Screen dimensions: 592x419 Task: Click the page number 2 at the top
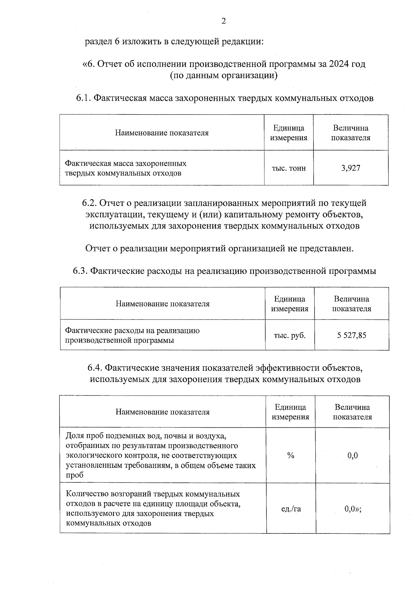(223, 21)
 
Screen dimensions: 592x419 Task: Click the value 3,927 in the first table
(351, 168)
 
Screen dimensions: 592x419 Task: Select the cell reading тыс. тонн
(289, 168)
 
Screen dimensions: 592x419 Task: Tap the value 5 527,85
(352, 335)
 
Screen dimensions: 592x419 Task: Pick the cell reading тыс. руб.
(289, 335)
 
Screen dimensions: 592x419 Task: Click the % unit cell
(291, 455)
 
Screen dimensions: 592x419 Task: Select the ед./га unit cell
(291, 509)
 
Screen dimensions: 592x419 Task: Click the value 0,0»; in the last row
(353, 509)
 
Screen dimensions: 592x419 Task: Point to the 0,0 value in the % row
(353, 455)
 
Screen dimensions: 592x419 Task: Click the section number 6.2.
(90, 203)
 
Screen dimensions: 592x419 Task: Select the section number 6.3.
(80, 271)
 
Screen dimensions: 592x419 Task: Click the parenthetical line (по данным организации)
(223, 75)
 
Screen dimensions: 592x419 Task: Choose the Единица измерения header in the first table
(289, 133)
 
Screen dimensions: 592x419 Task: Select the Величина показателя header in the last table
(352, 412)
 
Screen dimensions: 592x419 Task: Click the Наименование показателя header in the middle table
(162, 304)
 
